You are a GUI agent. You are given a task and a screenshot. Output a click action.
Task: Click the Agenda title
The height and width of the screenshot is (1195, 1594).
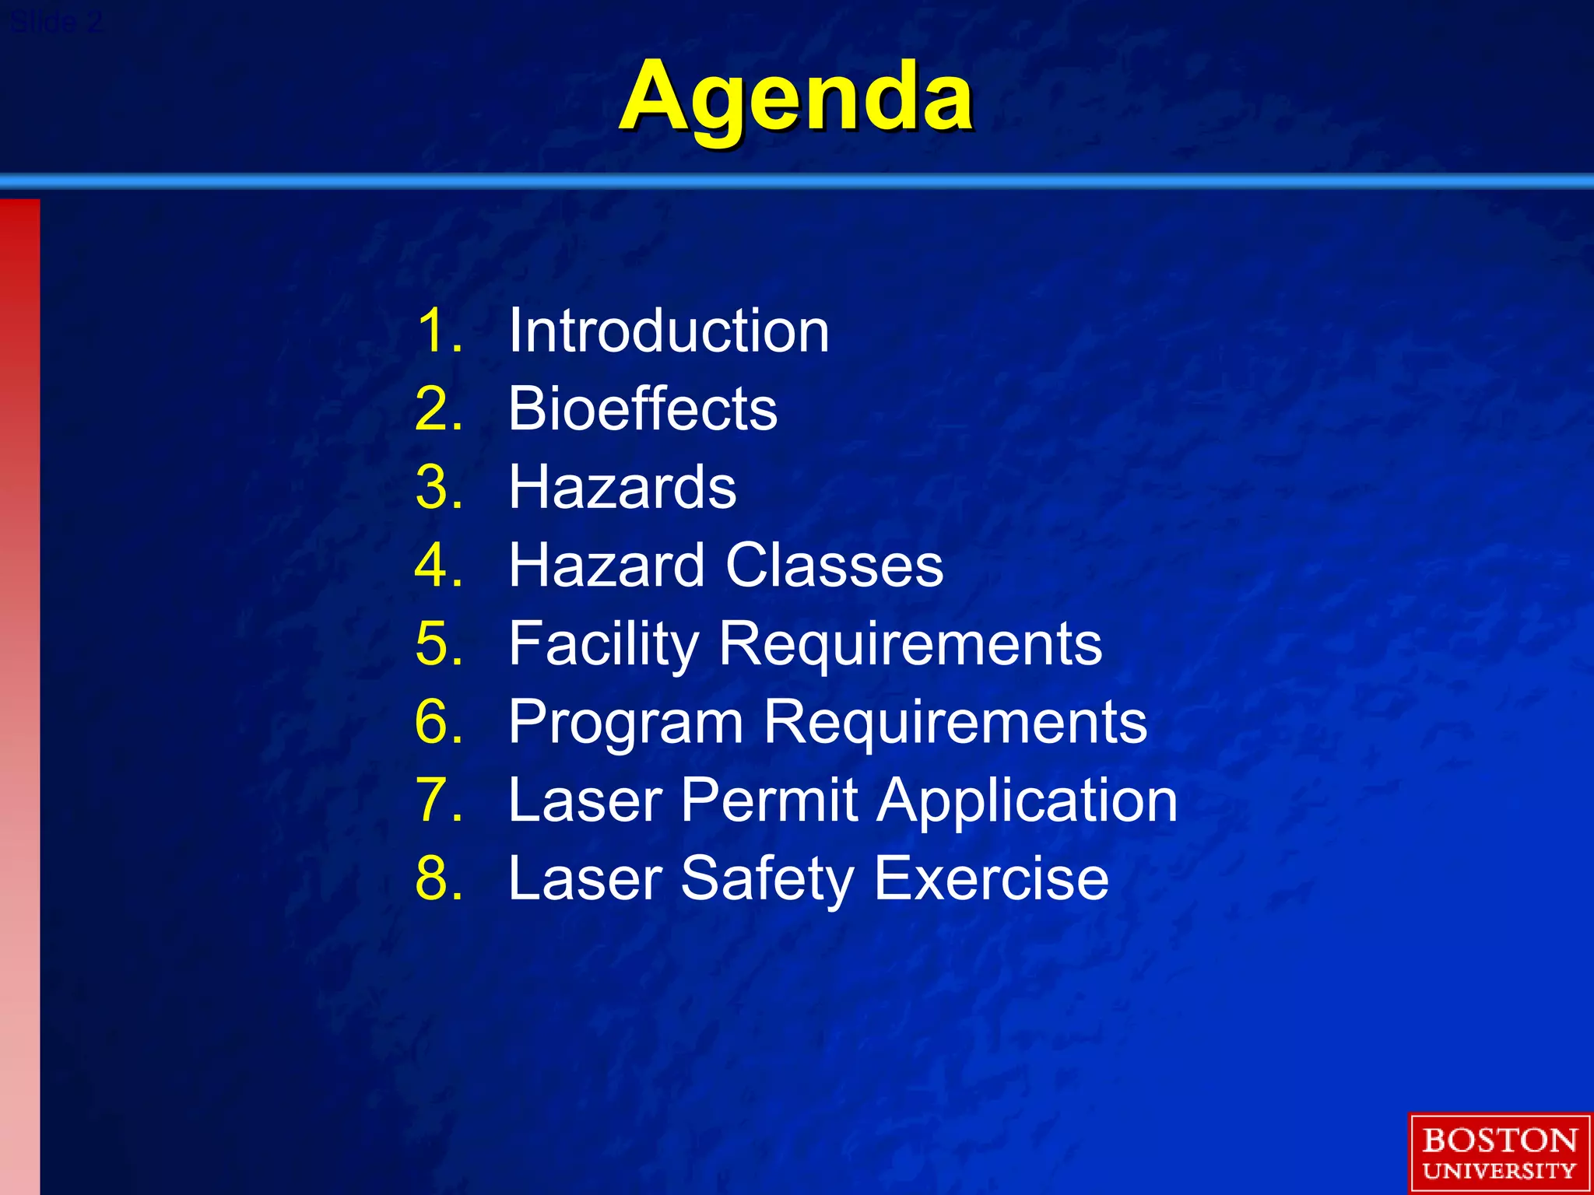[795, 97]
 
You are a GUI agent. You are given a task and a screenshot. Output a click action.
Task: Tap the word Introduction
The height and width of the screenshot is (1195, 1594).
[669, 331]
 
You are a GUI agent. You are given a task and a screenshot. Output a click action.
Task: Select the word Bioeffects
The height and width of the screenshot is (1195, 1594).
[642, 408]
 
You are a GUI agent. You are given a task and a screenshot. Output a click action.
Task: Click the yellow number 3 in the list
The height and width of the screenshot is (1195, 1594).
[433, 488]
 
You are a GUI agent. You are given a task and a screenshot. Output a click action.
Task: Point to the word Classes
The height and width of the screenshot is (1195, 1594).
[834, 565]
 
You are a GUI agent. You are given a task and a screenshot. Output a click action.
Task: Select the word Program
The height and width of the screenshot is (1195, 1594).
[626, 722]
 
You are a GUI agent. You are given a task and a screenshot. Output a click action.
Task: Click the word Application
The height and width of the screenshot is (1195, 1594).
[1027, 801]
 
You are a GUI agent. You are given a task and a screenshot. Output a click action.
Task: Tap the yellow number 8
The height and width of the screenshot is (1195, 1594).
[433, 879]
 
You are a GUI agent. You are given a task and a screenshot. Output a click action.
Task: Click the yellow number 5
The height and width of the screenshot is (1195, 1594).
[433, 644]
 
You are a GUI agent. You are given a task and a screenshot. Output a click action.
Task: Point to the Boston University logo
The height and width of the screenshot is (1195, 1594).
[1499, 1153]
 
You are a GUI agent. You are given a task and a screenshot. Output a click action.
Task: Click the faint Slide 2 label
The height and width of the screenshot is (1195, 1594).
[56, 23]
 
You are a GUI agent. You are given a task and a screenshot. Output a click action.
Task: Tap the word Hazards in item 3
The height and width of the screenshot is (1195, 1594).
[622, 488]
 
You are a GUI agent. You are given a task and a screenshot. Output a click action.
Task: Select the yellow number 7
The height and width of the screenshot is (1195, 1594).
[433, 801]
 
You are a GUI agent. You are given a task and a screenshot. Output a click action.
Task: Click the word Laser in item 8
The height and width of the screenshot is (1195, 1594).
[585, 878]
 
